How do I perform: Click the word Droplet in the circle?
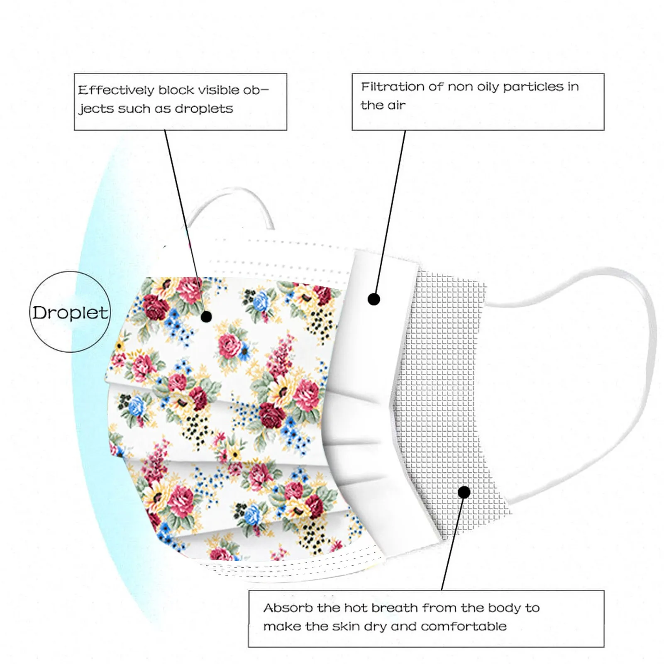pyautogui.click(x=70, y=312)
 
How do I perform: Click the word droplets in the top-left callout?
pyautogui.click(x=204, y=109)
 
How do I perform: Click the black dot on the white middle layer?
pyautogui.click(x=374, y=299)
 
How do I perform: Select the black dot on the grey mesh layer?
pyautogui.click(x=464, y=492)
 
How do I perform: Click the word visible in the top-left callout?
pyautogui.click(x=218, y=90)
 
